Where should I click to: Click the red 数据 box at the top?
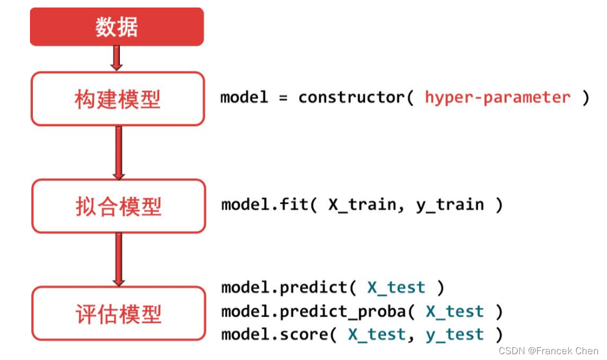click(117, 26)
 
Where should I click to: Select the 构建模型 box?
click(118, 98)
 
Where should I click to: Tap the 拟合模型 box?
click(118, 206)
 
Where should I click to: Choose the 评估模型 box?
click(118, 313)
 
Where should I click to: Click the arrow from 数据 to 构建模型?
click(116, 58)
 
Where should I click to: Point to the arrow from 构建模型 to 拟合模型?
click(119, 153)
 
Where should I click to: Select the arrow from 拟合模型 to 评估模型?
click(119, 259)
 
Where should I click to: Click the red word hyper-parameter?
click(498, 97)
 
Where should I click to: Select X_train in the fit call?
click(363, 204)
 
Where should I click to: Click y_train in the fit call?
click(450, 205)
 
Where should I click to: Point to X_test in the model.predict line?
click(397, 287)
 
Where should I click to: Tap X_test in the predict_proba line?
click(455, 312)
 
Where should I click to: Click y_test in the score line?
click(455, 335)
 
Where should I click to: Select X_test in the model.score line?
click(377, 335)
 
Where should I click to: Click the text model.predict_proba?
click(314, 312)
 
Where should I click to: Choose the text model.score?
click(275, 335)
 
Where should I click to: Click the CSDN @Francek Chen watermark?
click(549, 351)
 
